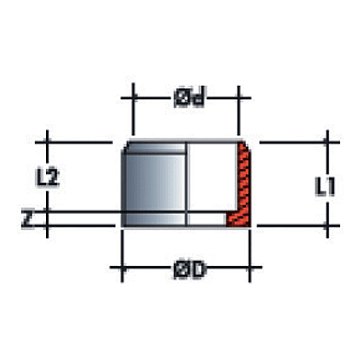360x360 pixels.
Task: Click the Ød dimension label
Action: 190,98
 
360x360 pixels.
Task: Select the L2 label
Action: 47,177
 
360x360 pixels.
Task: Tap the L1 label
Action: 325,187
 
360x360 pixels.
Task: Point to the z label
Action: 27,219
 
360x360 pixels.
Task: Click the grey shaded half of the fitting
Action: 154,183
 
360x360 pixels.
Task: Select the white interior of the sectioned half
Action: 211,177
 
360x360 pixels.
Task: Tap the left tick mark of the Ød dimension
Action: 133,98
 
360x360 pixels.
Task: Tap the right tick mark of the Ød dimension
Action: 238,98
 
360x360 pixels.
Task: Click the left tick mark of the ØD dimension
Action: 122,268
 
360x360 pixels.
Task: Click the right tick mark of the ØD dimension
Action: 250,268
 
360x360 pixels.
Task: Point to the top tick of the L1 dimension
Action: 327,143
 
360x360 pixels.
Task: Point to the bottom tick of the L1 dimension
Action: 327,225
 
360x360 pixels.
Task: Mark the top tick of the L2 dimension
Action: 47,143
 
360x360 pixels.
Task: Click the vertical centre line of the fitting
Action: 186,183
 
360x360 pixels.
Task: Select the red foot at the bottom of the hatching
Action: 237,219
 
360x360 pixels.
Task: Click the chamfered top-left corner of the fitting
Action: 125,145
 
